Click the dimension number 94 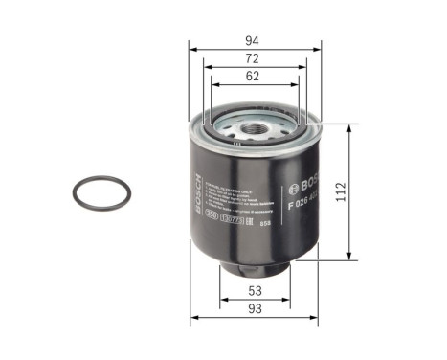(x=254, y=40)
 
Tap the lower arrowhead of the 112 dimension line (x=350, y=258)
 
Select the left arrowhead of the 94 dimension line (x=191, y=48)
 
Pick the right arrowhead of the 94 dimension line (x=316, y=48)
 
